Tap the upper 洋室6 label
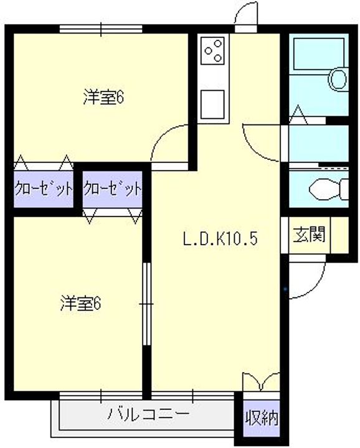coord(103,98)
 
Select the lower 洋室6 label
coord(80,304)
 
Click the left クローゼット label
coord(43,189)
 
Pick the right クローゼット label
coord(112,189)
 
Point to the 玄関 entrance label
coord(310,235)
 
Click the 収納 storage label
coord(262,418)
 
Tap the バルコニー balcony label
coord(148,414)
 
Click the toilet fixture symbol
coord(329,189)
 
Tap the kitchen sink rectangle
coord(212,105)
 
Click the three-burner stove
coord(212,50)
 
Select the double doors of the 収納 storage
coord(261,381)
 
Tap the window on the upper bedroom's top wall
coord(101,29)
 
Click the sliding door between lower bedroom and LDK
coord(146,304)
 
